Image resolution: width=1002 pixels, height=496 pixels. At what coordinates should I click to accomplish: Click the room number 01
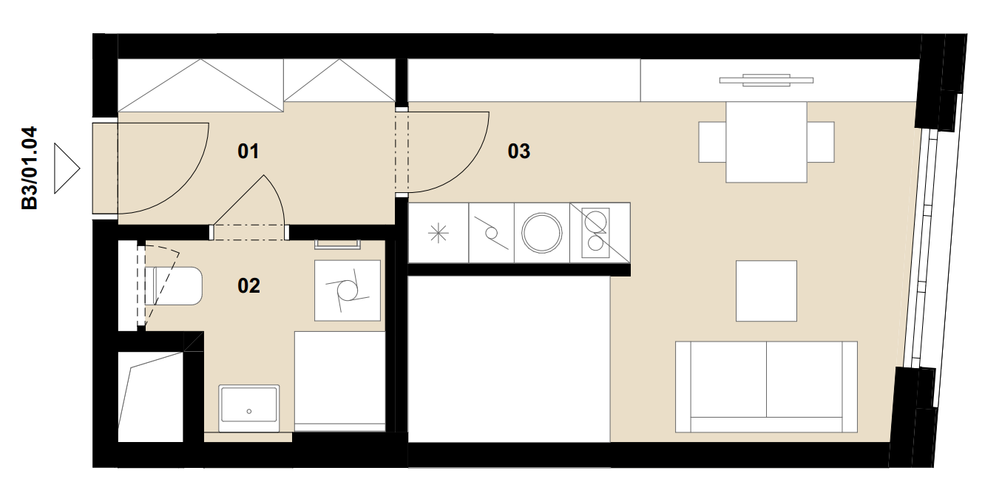[x=248, y=152]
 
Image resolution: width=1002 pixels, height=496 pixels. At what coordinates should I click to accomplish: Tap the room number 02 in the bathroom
[x=248, y=286]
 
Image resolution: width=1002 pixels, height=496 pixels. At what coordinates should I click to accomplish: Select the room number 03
[x=519, y=152]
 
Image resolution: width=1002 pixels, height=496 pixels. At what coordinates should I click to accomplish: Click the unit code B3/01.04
[x=30, y=168]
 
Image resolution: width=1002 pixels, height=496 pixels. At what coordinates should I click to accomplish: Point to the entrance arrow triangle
[x=67, y=169]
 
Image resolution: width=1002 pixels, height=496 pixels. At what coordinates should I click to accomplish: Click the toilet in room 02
[x=173, y=286]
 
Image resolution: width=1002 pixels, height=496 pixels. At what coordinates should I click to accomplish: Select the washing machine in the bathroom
[x=348, y=291]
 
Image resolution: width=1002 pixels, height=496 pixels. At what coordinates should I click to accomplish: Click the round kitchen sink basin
[x=542, y=233]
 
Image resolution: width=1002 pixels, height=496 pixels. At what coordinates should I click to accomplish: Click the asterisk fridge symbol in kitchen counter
[x=439, y=233]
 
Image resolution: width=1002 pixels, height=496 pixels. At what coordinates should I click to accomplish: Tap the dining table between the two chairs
[x=766, y=142]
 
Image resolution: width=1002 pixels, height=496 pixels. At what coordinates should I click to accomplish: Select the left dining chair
[x=712, y=142]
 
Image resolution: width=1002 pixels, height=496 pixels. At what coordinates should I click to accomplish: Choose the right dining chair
[x=821, y=142]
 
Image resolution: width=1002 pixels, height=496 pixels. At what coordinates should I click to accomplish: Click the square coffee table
[x=766, y=291]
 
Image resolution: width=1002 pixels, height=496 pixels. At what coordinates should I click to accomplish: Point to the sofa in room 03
[x=766, y=387]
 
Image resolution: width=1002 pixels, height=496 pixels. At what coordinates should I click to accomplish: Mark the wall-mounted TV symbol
[x=766, y=81]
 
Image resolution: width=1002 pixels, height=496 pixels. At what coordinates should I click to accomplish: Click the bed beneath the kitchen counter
[x=509, y=359]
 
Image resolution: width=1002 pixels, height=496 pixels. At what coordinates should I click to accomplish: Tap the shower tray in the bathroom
[x=339, y=381]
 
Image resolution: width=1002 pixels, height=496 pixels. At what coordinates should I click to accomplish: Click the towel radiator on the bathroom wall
[x=337, y=244]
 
